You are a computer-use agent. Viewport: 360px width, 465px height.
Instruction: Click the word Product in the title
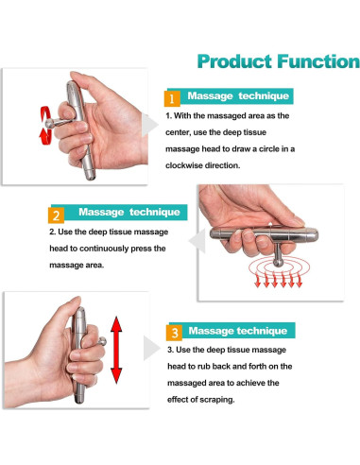coord(234,61)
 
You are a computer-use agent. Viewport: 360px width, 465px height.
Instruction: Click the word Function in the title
coord(318,61)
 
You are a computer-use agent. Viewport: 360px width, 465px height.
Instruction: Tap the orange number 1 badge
coord(172,98)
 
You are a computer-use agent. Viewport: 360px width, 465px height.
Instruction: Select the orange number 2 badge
coord(56,215)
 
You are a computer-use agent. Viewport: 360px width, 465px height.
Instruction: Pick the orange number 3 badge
coord(174,333)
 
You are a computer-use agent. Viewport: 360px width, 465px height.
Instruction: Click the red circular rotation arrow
coord(45,125)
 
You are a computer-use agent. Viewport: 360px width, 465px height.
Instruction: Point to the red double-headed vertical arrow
coord(116,350)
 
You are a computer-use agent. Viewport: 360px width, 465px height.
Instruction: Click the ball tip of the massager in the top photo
coord(49,123)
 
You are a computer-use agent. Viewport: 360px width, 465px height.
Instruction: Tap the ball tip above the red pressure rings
coord(278,263)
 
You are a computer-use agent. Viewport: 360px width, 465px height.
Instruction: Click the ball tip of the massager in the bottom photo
coord(102,341)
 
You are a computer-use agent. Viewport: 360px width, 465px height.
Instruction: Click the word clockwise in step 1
coord(184,165)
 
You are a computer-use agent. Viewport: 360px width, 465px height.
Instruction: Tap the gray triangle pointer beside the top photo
coord(148,125)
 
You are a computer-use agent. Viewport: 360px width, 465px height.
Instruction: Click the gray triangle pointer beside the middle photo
coord(197,241)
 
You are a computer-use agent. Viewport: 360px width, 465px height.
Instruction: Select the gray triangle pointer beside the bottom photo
coord(151,348)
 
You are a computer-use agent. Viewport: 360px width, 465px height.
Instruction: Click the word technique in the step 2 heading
coord(154,212)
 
